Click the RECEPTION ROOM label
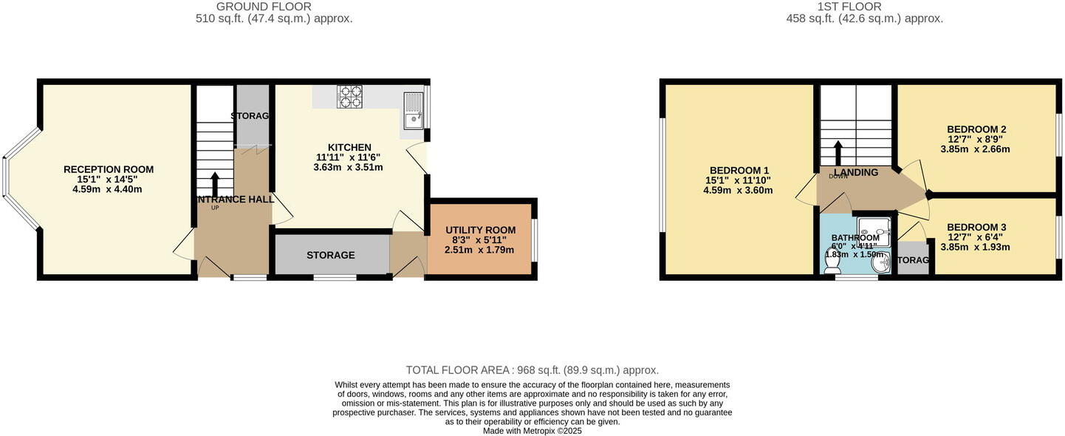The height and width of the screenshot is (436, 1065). (x=109, y=169)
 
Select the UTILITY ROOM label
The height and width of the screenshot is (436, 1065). (x=480, y=231)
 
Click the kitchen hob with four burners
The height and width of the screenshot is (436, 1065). (x=350, y=97)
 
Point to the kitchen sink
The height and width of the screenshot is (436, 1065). (x=413, y=110)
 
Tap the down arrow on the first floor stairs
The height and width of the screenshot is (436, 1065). (x=838, y=153)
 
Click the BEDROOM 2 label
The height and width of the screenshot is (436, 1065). (x=976, y=129)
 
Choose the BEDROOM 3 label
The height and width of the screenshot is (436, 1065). (x=976, y=227)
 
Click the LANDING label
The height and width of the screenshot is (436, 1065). (x=856, y=172)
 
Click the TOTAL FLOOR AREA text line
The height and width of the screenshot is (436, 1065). (x=532, y=370)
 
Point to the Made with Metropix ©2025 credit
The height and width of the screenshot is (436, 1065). (x=532, y=431)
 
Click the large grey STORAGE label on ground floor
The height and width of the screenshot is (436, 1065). (x=331, y=255)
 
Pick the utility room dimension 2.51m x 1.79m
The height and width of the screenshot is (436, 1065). (x=480, y=251)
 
